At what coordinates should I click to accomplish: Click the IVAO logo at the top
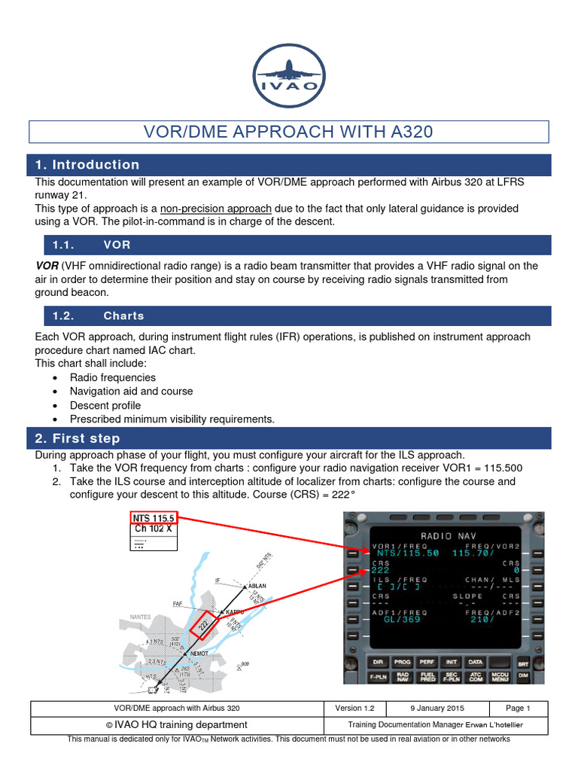click(x=289, y=75)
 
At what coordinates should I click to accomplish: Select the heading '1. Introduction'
click(x=87, y=165)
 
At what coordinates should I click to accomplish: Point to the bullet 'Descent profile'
click(x=105, y=405)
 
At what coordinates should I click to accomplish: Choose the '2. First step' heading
click(x=78, y=438)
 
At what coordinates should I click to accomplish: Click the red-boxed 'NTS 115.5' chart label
click(x=153, y=518)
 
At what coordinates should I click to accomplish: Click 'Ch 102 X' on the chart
click(x=153, y=529)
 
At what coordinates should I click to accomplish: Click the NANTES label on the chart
click(x=141, y=617)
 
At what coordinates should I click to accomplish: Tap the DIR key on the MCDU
click(x=378, y=663)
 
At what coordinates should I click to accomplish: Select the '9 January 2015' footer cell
click(x=437, y=709)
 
